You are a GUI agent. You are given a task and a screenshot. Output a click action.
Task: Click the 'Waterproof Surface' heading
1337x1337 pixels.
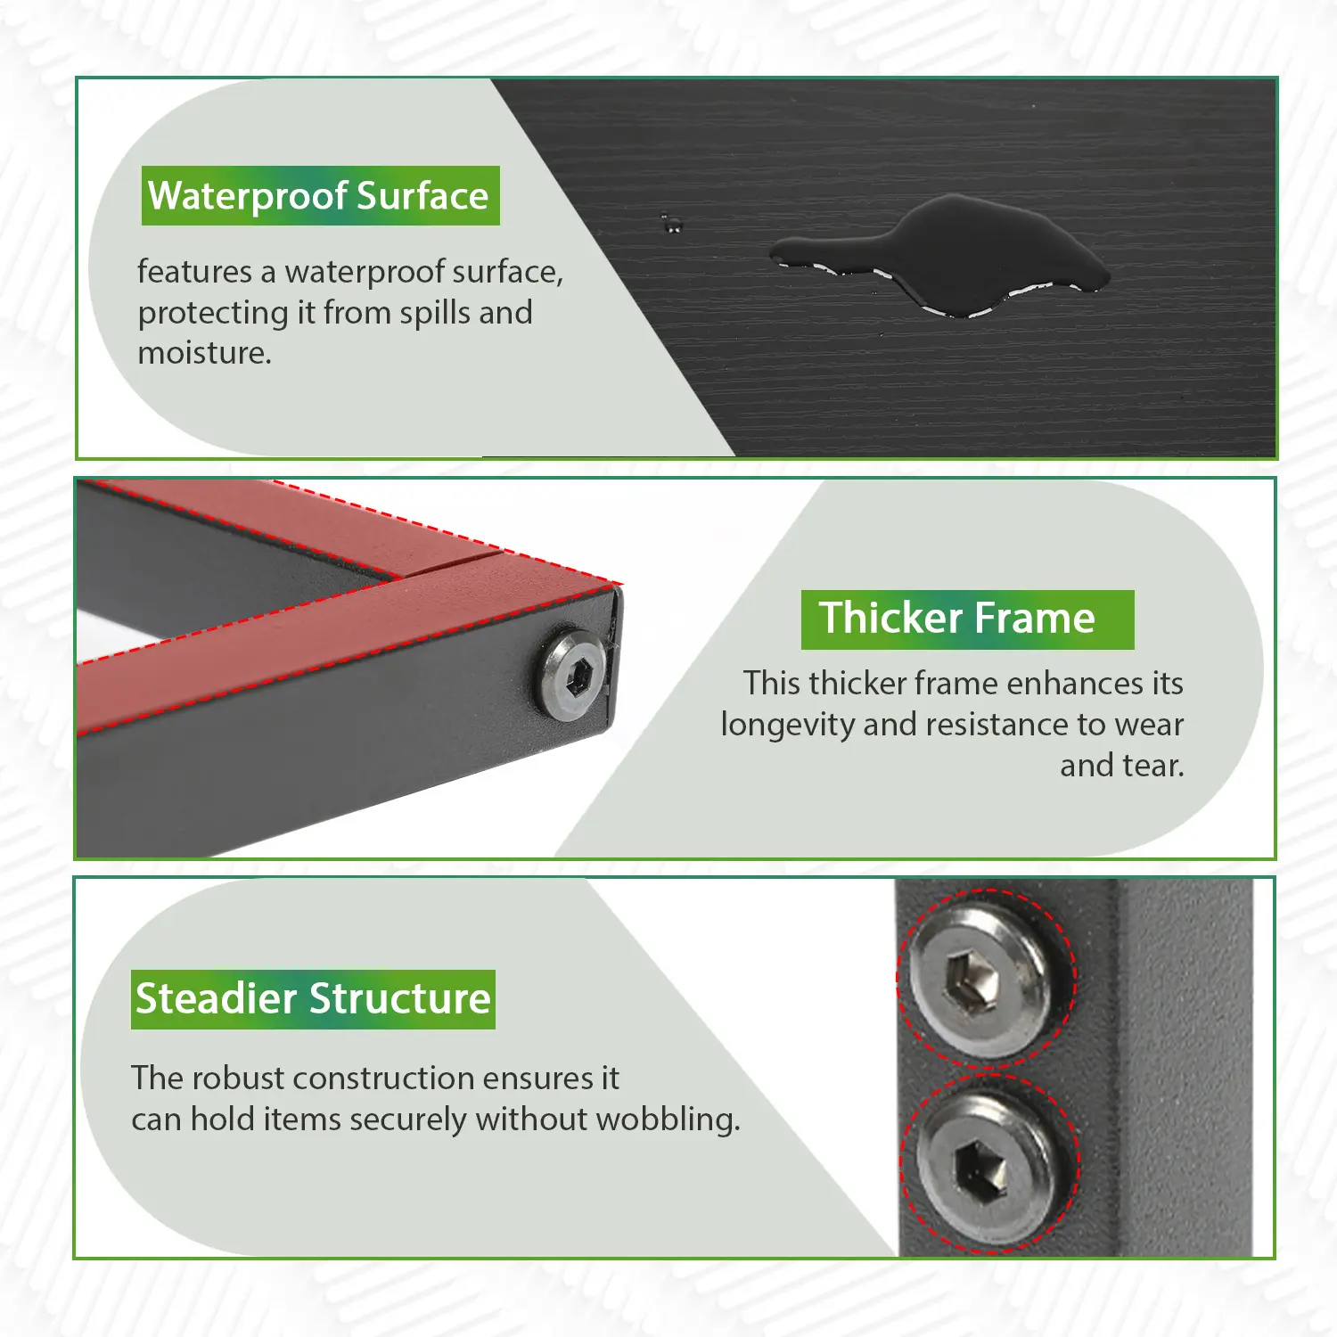coord(318,196)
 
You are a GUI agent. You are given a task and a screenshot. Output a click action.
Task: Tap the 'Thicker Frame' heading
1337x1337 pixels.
coord(957,618)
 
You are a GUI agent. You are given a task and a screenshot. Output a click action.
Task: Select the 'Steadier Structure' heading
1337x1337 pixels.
coord(313,998)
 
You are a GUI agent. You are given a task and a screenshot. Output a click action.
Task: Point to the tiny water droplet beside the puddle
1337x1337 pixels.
coord(670,223)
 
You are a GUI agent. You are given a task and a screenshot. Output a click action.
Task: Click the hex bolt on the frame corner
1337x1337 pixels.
coord(571,675)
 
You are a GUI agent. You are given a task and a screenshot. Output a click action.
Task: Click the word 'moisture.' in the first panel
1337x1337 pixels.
coord(204,353)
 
